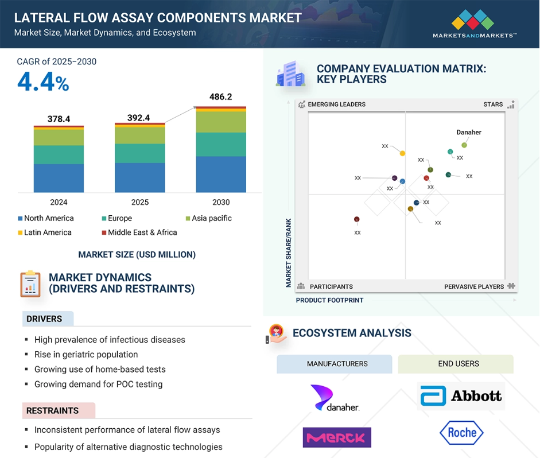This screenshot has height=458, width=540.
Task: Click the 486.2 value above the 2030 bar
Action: click(x=221, y=97)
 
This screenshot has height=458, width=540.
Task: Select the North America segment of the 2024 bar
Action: click(x=59, y=178)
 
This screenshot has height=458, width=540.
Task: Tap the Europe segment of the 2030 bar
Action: click(x=221, y=145)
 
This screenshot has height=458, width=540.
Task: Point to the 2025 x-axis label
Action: click(x=139, y=202)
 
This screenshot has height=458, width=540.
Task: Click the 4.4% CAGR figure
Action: click(x=43, y=83)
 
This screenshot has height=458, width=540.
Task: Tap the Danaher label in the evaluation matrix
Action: click(x=469, y=133)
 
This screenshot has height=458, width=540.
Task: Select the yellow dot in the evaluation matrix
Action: click(x=402, y=153)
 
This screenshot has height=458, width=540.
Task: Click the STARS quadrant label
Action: click(x=493, y=104)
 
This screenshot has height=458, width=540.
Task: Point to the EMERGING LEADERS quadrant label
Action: click(x=336, y=104)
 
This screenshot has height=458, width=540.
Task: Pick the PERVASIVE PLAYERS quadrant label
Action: click(x=474, y=286)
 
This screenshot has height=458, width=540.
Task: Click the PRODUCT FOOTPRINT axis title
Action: click(x=329, y=300)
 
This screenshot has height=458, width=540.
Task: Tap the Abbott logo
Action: click(x=461, y=396)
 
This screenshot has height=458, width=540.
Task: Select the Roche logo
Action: click(x=461, y=433)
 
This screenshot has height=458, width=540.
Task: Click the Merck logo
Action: click(x=337, y=437)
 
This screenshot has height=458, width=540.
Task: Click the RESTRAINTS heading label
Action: click(x=52, y=410)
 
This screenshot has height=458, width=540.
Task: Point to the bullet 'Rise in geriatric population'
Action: click(x=86, y=354)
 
